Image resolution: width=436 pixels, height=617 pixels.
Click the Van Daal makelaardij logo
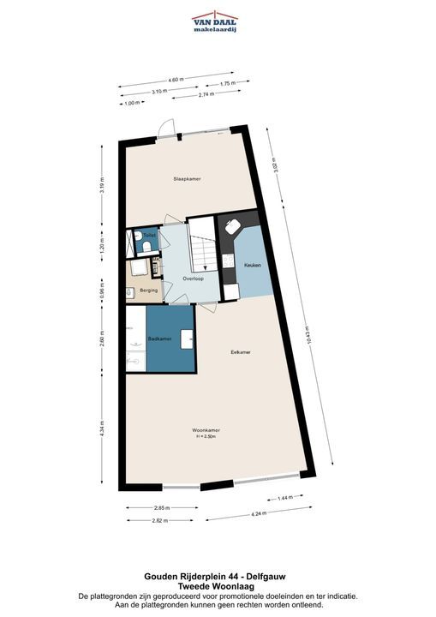coord(215,21)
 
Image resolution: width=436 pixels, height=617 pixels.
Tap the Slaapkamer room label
coord(188,179)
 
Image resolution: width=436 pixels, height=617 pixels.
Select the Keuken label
coord(253,265)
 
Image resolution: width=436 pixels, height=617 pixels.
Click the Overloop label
coord(194,279)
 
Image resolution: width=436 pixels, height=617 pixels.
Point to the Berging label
coord(149,291)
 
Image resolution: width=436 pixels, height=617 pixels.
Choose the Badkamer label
coord(159,338)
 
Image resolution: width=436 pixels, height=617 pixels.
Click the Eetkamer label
coord(241,352)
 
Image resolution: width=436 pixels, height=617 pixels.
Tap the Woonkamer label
coord(206,430)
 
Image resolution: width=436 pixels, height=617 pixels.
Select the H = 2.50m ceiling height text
coord(206,436)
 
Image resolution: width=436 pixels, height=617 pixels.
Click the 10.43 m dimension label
coord(309,336)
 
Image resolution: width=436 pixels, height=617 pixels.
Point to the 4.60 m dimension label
coord(176,80)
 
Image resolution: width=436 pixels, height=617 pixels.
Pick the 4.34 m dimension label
coord(102,429)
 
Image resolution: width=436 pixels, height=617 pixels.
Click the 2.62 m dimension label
coord(160,521)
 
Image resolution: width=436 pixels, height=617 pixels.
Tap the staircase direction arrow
coord(205,267)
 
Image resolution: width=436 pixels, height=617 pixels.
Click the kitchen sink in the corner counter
coord(233,226)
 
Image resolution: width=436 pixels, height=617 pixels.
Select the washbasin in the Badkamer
coord(187,339)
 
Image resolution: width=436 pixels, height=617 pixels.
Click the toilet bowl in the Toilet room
coord(146,247)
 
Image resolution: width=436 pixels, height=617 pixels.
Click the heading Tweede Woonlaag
coord(215,587)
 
